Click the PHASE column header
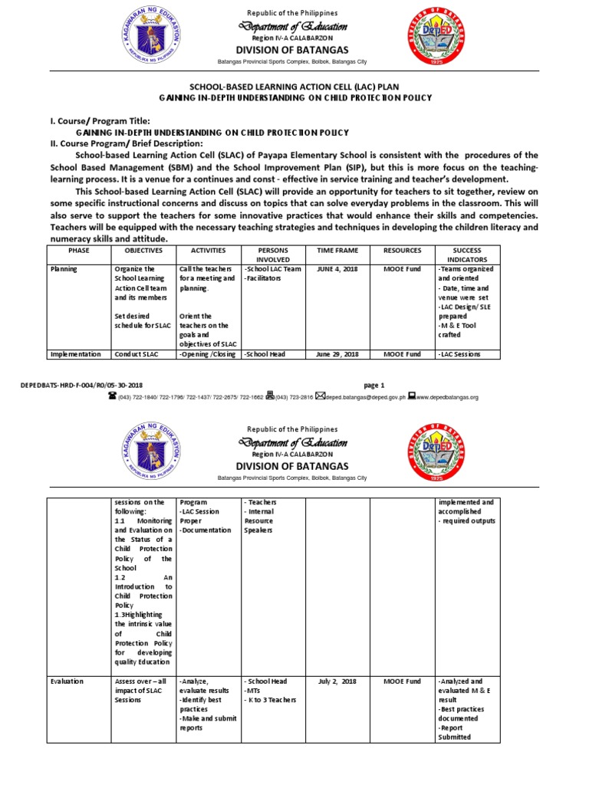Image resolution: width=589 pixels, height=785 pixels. coord(79,250)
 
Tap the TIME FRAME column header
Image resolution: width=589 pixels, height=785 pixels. coord(337,250)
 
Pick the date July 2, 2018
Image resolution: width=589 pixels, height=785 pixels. coord(337,681)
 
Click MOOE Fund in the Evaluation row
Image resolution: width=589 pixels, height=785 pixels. coord(403,681)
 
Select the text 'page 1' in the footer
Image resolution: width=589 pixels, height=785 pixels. coord(372,385)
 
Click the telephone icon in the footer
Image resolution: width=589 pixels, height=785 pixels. coord(112,396)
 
